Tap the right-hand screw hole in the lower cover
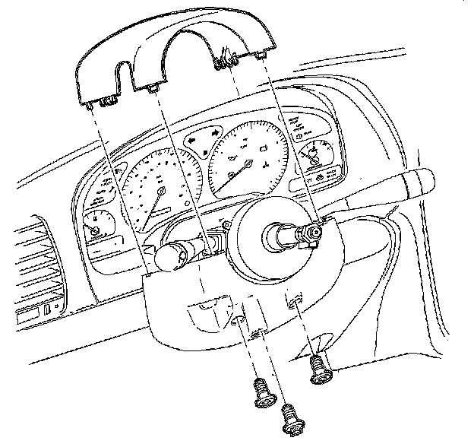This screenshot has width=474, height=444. click(x=294, y=303)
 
